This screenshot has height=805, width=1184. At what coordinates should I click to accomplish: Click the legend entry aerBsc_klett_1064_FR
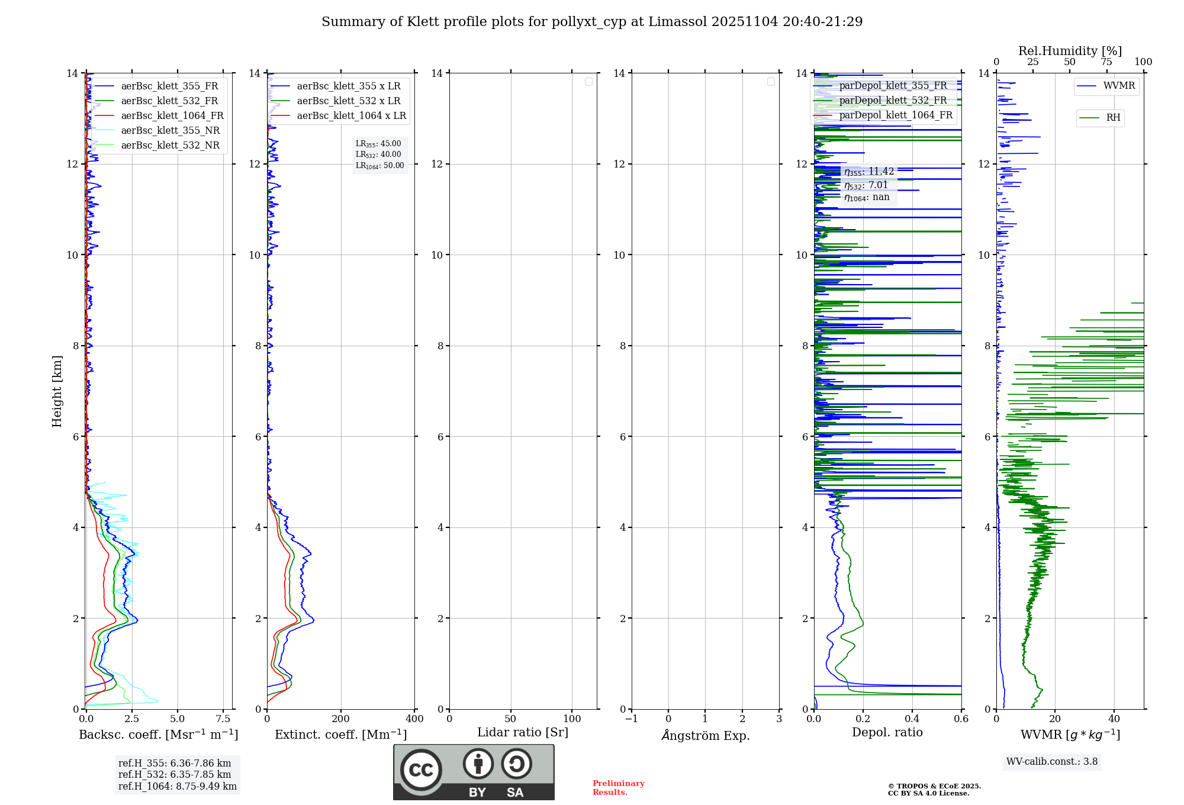pyautogui.click(x=172, y=116)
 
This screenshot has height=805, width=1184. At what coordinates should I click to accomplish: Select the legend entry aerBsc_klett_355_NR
pyautogui.click(x=170, y=131)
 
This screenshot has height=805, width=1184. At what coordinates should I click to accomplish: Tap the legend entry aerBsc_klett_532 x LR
pyautogui.click(x=348, y=101)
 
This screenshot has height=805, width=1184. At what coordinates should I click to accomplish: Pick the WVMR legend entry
pyautogui.click(x=1119, y=86)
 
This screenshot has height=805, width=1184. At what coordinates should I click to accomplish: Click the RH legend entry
pyautogui.click(x=1113, y=118)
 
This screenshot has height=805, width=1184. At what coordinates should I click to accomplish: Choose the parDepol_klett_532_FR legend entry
pyautogui.click(x=893, y=101)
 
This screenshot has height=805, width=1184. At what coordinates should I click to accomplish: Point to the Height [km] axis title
pyautogui.click(x=57, y=391)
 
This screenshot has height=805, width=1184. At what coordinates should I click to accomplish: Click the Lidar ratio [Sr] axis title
pyautogui.click(x=523, y=733)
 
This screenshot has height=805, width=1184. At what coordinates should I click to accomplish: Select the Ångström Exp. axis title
pyautogui.click(x=705, y=735)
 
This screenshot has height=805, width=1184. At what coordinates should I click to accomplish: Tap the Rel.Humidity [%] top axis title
pyautogui.click(x=1070, y=51)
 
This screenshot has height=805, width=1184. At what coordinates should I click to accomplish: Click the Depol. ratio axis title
pyautogui.click(x=887, y=733)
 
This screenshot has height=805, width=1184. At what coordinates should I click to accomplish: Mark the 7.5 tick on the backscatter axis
pyautogui.click(x=223, y=719)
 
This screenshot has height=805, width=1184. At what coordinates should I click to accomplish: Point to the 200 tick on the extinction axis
pyautogui.click(x=341, y=719)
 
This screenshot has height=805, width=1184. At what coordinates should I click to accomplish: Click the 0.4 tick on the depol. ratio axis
pyautogui.click(x=912, y=719)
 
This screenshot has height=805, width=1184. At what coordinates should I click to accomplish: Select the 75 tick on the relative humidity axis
pyautogui.click(x=1106, y=62)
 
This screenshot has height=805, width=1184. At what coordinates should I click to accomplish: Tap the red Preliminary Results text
pyautogui.click(x=618, y=788)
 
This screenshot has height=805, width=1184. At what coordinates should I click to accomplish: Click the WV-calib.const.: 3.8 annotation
pyautogui.click(x=1052, y=762)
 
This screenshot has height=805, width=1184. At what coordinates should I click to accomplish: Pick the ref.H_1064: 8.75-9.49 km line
pyautogui.click(x=178, y=787)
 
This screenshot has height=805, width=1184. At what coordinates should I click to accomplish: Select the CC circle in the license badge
pyautogui.click(x=421, y=770)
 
